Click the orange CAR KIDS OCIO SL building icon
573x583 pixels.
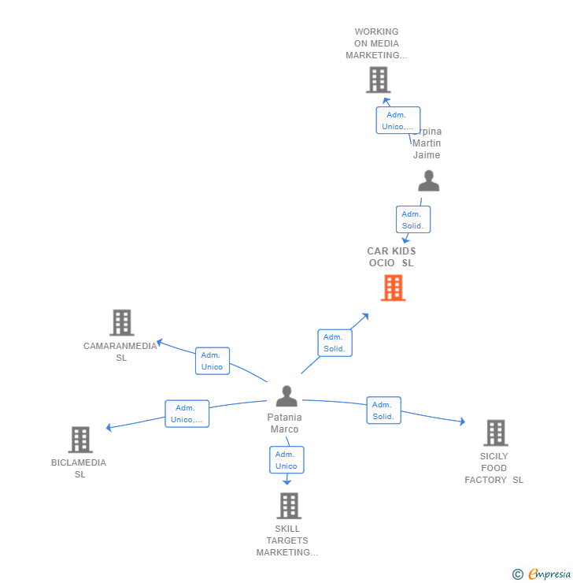click(x=393, y=288)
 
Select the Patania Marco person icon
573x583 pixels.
click(x=286, y=395)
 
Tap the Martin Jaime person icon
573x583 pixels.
click(x=428, y=180)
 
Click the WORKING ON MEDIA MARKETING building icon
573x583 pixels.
click(x=378, y=80)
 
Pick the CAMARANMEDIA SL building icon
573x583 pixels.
click(x=121, y=322)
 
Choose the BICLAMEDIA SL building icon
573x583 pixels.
click(x=80, y=440)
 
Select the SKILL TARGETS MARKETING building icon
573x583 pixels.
click(x=289, y=506)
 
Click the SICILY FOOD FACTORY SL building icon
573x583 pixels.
click(x=495, y=433)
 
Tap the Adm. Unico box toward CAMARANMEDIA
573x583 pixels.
click(x=213, y=361)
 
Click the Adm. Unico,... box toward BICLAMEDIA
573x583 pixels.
click(x=187, y=414)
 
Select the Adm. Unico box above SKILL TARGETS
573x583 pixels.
click(x=286, y=460)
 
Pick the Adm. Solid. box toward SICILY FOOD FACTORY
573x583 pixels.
click(x=383, y=410)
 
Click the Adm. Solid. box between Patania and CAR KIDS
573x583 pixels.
click(x=335, y=343)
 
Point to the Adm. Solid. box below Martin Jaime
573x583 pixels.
click(x=412, y=220)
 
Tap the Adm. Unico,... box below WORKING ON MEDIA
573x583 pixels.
click(x=397, y=121)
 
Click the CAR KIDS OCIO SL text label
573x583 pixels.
click(x=391, y=257)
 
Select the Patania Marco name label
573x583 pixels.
click(x=285, y=423)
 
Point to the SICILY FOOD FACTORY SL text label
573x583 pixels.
click(x=494, y=468)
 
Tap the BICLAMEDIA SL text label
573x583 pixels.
click(x=79, y=468)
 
